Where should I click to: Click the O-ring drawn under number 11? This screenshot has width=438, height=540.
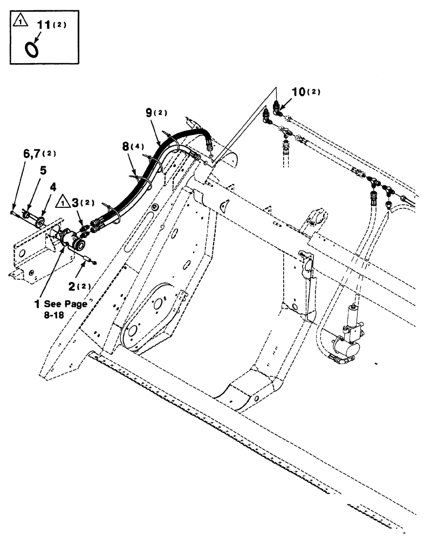click(x=32, y=49)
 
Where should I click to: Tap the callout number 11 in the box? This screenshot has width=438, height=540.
click(x=42, y=25)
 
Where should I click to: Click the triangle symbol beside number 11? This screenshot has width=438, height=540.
click(x=19, y=22)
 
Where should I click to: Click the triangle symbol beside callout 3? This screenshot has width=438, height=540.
click(x=64, y=202)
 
